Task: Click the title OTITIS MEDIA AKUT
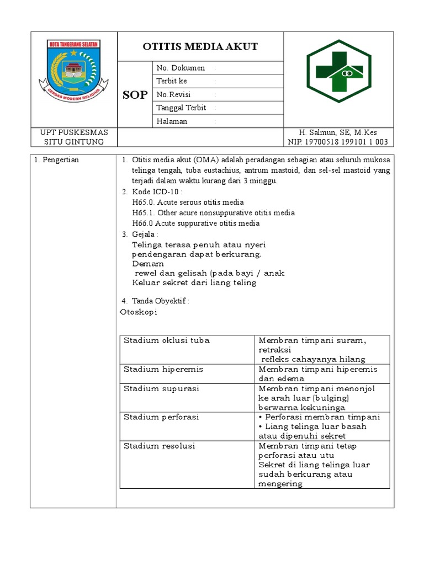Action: click(200, 46)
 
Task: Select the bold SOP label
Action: click(135, 95)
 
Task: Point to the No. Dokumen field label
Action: click(181, 68)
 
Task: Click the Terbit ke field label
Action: click(172, 81)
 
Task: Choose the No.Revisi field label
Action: click(173, 94)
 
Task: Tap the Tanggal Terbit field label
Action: click(181, 108)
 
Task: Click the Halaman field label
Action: click(172, 121)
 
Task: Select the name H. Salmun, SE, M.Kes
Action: click(338, 132)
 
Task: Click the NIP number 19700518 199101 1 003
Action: click(338, 142)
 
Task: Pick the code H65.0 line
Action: click(188, 202)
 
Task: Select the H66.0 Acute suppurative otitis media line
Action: click(195, 223)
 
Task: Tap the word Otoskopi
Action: click(139, 312)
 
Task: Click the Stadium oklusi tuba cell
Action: click(166, 340)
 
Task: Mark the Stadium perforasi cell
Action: click(161, 417)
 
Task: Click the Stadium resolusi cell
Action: click(159, 446)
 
